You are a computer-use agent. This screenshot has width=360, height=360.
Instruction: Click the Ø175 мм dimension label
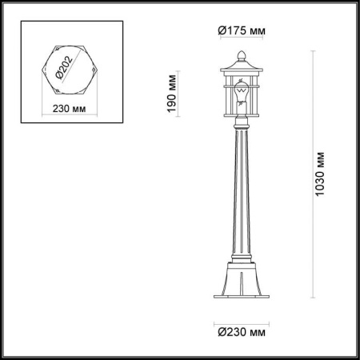241,30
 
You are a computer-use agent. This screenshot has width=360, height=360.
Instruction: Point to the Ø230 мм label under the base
241,328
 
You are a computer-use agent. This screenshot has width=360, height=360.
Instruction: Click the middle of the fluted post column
241,192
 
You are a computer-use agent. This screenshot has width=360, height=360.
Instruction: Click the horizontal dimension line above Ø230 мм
241,316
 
